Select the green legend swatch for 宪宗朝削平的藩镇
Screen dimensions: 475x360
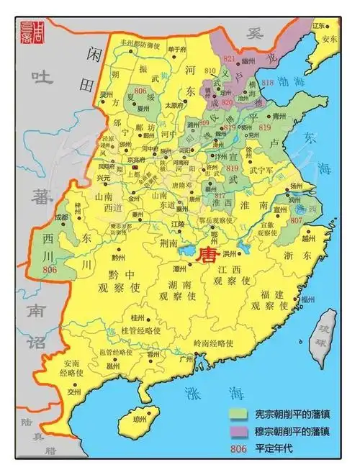(x=240, y=415)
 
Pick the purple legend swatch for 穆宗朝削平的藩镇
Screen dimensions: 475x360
(x=240, y=432)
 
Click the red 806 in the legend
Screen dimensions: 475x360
(x=239, y=448)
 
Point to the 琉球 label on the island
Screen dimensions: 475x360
(x=329, y=333)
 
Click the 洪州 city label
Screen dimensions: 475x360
(x=229, y=253)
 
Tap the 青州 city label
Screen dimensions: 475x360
(x=281, y=114)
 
